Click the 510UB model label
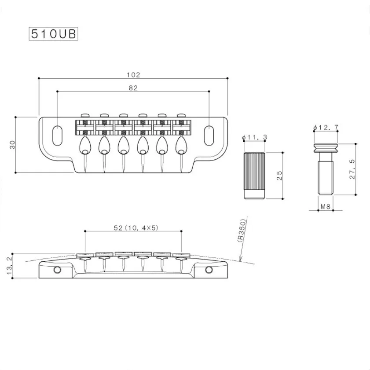tap(53, 34)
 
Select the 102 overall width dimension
tap(133, 75)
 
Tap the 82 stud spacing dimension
tap(133, 88)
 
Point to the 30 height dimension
tap(13, 144)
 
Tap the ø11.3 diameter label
tap(255, 138)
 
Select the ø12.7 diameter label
tap(326, 128)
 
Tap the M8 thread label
tap(326, 206)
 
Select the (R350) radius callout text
tap(241, 230)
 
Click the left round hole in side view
tap(57, 269)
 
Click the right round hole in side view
tap(210, 269)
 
